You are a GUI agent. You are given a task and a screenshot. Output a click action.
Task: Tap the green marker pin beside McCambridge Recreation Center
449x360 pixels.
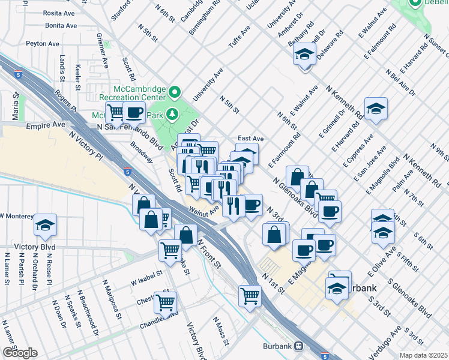pos(175,92)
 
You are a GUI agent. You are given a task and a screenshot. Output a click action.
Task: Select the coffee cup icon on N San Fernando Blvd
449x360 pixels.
pos(134,112)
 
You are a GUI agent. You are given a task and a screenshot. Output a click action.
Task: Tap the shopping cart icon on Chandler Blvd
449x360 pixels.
pos(165,302)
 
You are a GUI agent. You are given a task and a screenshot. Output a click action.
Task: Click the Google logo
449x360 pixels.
pos(19,353)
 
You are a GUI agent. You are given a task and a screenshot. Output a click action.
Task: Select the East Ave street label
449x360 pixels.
pos(251,138)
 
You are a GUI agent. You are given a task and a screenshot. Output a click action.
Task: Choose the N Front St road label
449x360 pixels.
pos(211,251)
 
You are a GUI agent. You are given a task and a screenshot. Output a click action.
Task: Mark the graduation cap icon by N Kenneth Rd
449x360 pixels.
pos(376,109)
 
